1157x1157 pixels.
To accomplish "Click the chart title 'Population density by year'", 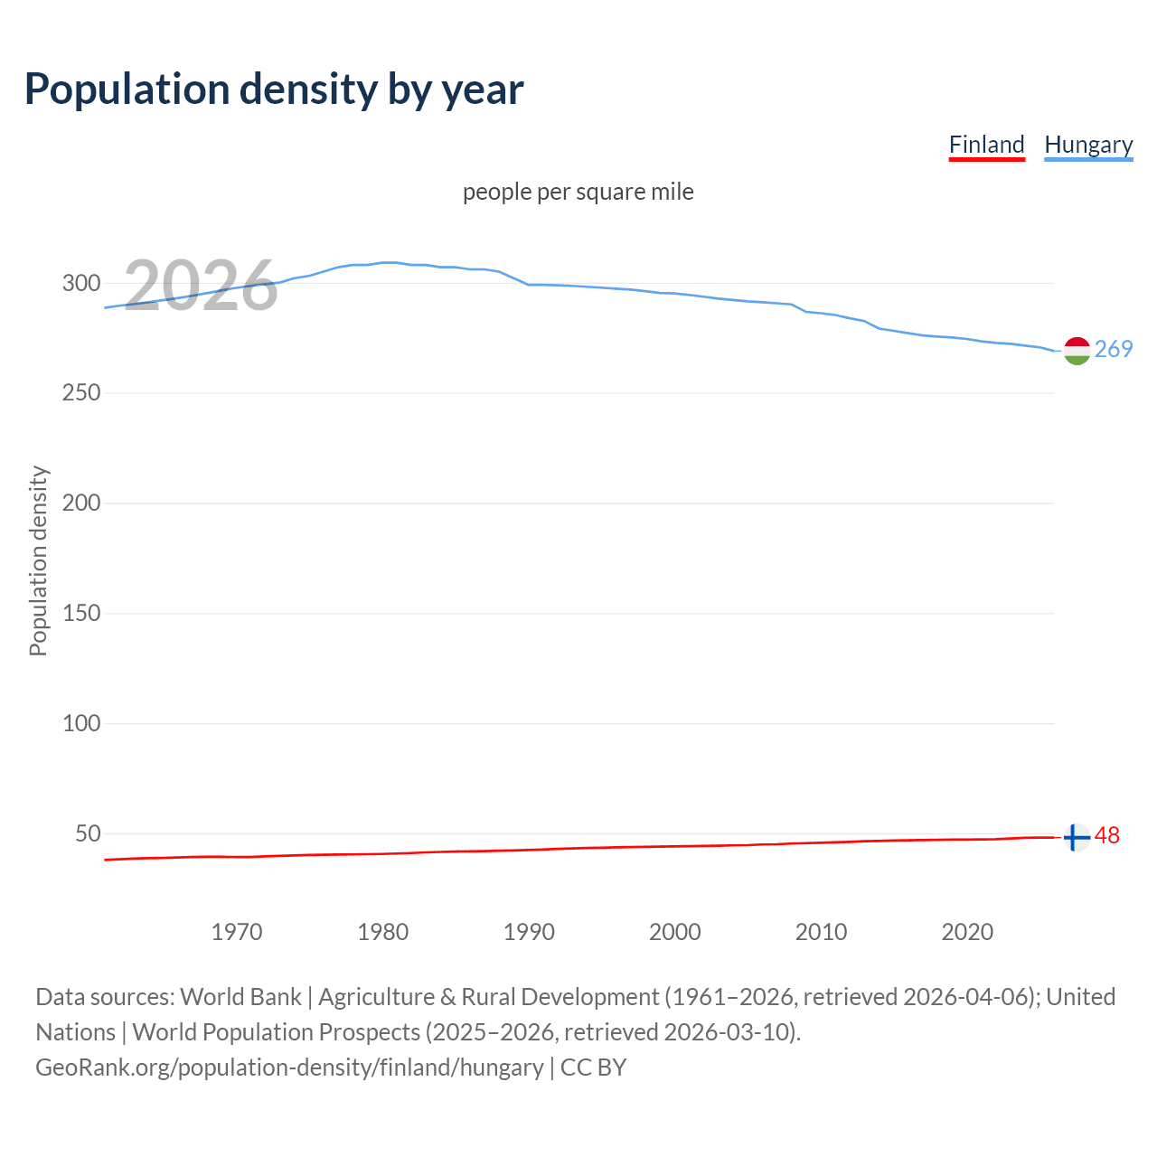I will [274, 89].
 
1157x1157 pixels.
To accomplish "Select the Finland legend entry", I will [986, 145].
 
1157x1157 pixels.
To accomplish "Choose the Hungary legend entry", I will [1088, 145].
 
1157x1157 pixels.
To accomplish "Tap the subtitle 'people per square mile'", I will [578, 192].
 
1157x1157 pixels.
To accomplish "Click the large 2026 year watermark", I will [201, 286].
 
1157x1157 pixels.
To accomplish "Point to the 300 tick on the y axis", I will [81, 283].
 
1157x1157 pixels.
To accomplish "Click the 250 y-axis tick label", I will [81, 393].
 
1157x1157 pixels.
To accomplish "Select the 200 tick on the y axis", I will [81, 503].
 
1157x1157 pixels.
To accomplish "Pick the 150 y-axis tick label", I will [81, 614].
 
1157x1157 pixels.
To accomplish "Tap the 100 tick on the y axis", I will [81, 723].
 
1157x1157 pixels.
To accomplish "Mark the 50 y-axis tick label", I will [88, 833].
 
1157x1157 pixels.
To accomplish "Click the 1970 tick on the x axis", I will [237, 932].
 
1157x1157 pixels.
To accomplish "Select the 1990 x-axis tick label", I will [529, 932].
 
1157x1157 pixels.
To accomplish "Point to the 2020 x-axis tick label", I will [967, 932].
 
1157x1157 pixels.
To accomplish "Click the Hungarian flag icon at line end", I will [1077, 351].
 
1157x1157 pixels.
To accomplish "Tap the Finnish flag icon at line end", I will [1076, 838].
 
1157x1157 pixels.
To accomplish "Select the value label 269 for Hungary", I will [1114, 349].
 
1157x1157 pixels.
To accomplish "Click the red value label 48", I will [1107, 836].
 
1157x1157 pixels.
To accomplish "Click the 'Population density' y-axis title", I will [38, 560].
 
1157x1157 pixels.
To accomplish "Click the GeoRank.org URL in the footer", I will [289, 1068].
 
